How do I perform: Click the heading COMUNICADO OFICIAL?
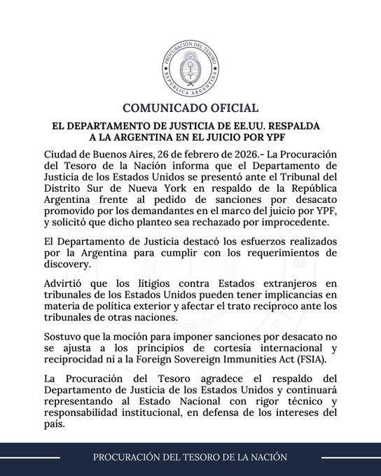190,108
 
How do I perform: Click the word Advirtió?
67,283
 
